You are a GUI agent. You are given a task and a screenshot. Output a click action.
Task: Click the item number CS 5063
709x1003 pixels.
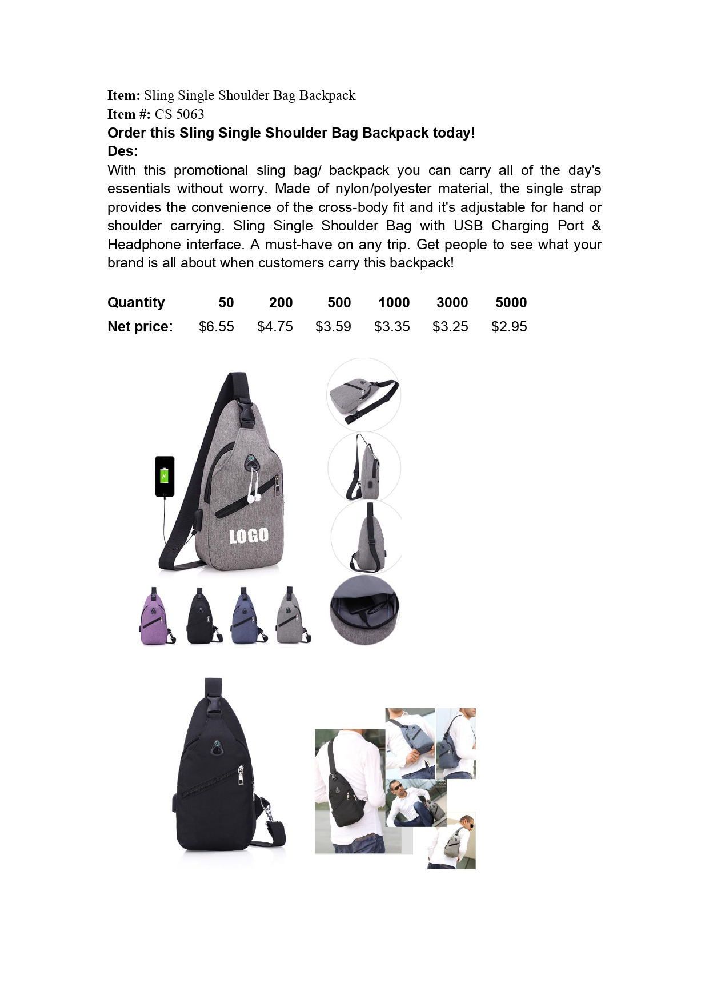[x=179, y=114]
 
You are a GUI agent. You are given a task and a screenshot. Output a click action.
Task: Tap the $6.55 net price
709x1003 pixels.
[x=216, y=327]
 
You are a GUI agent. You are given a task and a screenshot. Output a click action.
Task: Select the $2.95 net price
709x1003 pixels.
[x=509, y=327]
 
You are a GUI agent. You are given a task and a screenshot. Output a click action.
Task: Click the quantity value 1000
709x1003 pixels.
[x=394, y=303]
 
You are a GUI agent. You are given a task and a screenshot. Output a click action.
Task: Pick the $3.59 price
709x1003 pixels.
[x=333, y=327]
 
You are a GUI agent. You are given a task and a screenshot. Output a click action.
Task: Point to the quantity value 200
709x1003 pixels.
[x=281, y=303]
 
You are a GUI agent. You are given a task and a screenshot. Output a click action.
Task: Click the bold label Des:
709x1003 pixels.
[x=123, y=151]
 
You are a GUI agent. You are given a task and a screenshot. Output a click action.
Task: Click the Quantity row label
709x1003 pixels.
[x=136, y=303]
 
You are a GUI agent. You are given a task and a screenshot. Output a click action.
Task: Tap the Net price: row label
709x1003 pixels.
[x=140, y=327]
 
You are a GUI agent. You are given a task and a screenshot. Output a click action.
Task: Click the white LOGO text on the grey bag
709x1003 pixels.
[x=249, y=536]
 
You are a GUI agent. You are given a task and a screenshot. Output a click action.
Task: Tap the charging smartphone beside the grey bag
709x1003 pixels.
[x=165, y=476]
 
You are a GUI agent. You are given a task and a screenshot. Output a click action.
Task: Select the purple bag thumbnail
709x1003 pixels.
[x=155, y=617]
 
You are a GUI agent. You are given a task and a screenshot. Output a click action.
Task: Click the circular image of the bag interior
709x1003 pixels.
[x=364, y=610]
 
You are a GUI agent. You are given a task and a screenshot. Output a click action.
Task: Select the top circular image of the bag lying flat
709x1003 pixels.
[x=364, y=395]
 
